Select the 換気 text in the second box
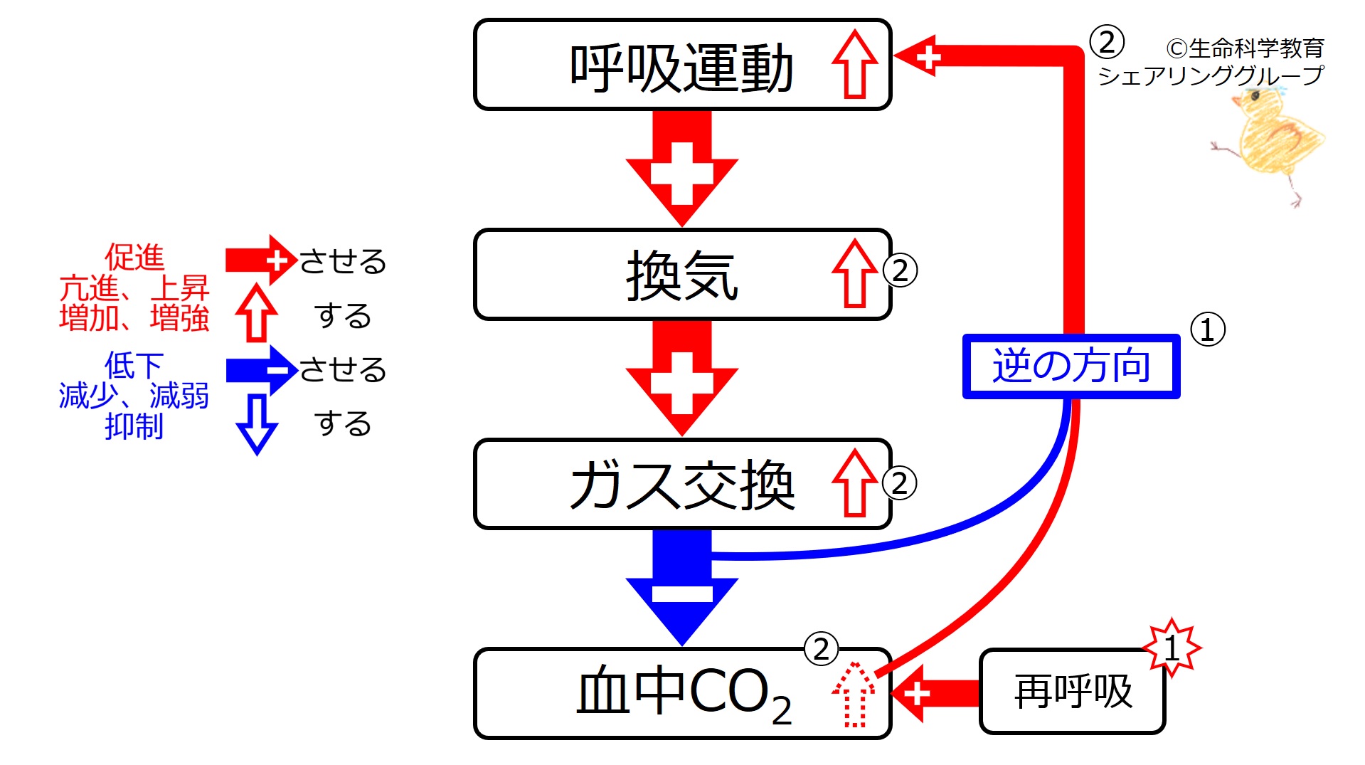pos(681,276)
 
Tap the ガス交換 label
pos(681,485)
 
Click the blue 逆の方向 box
pos(1071,366)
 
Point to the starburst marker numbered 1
pos(1172,648)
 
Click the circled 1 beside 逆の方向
pos(1207,329)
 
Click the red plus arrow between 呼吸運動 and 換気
pos(681,171)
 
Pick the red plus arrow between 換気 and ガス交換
pos(681,381)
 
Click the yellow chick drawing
pos(1273,139)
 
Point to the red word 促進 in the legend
pos(134,257)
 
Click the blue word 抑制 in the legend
pos(134,426)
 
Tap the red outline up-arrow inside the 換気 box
pos(854,274)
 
